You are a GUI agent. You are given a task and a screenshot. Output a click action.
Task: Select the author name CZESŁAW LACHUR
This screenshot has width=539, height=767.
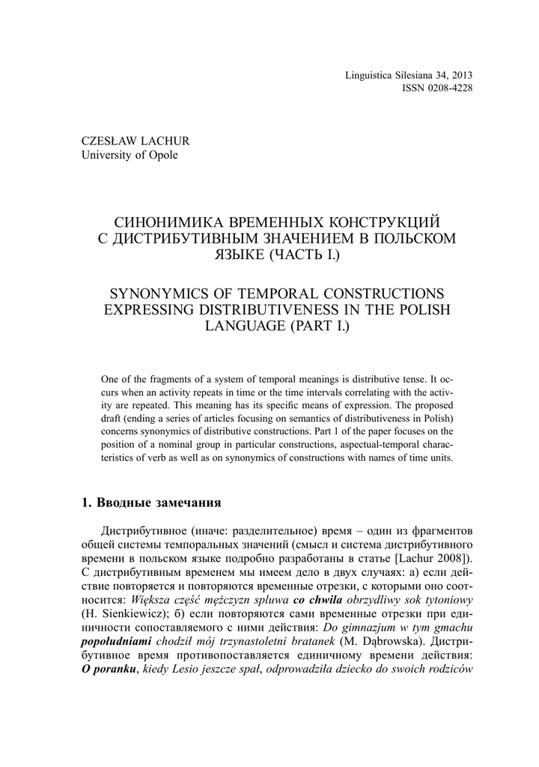tap(135, 141)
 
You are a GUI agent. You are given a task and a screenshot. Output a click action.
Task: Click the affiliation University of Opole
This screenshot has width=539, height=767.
tap(129, 155)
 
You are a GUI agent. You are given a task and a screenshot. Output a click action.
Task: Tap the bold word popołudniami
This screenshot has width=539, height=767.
tap(116, 643)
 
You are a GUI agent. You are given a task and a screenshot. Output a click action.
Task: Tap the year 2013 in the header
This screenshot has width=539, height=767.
tap(461, 75)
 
